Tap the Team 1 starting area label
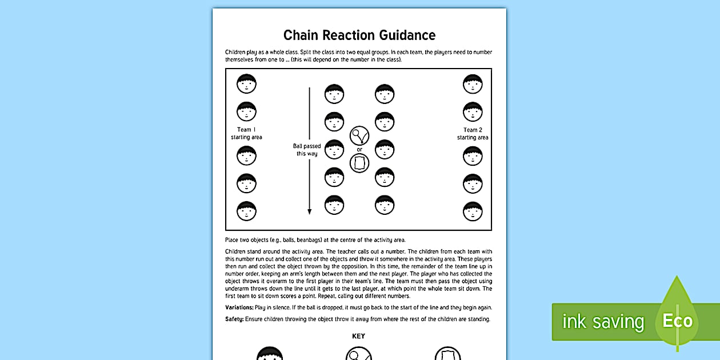pyautogui.click(x=246, y=133)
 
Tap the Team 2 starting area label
pyautogui.click(x=473, y=133)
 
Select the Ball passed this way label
pyautogui.click(x=307, y=150)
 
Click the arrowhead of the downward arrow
pyautogui.click(x=310, y=211)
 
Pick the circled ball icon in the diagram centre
pyautogui.click(x=359, y=136)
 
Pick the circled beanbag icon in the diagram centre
pyautogui.click(x=359, y=163)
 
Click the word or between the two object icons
pyautogui.click(x=359, y=150)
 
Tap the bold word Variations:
pyautogui.click(x=239, y=307)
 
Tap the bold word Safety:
pyautogui.click(x=234, y=319)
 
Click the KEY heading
pyautogui.click(x=358, y=336)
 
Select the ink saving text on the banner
pyautogui.click(x=603, y=322)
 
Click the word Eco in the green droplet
pyautogui.click(x=677, y=321)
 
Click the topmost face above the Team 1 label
pyautogui.click(x=246, y=84)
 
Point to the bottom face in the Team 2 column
pyautogui.click(x=473, y=211)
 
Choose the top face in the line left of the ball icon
pyautogui.click(x=334, y=94)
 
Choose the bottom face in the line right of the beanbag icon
pyautogui.click(x=385, y=205)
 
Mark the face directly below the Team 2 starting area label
pyautogui.click(x=473, y=156)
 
